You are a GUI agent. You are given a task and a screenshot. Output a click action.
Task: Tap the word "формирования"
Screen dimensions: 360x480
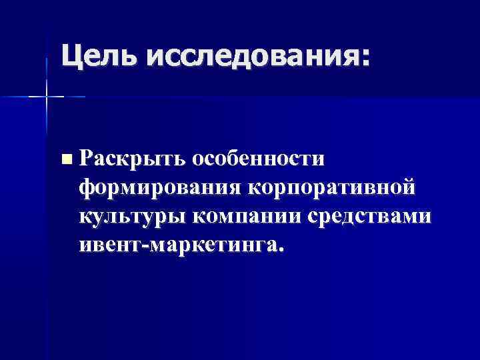[x=159, y=187]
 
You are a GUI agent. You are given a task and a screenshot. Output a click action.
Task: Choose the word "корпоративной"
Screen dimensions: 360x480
[x=331, y=187]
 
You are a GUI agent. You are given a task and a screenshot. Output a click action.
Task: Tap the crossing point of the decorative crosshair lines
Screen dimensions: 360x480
[x=47, y=97]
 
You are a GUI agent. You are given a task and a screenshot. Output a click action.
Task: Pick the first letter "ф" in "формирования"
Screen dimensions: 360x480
[x=87, y=188]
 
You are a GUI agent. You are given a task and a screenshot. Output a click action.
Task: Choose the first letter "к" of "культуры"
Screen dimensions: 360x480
[x=85, y=216]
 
